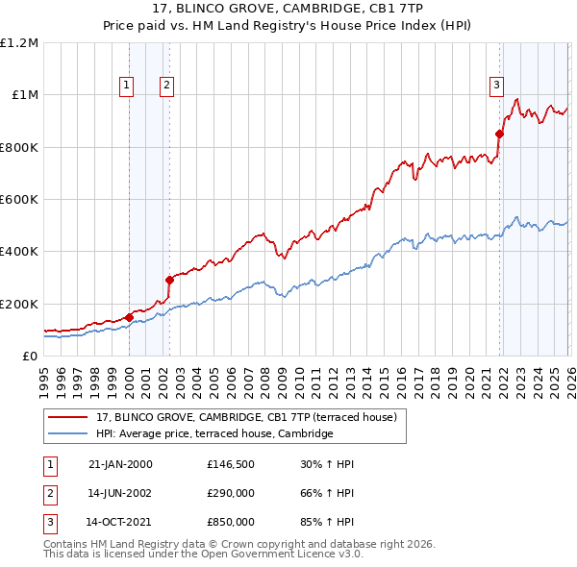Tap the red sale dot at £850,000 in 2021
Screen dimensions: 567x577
click(x=500, y=135)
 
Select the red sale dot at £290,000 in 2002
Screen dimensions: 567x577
click(x=169, y=281)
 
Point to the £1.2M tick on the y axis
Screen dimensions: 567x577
click(x=19, y=43)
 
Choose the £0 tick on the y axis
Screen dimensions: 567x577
click(x=29, y=356)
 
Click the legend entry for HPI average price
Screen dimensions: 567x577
click(x=214, y=434)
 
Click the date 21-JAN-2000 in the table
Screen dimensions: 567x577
click(x=120, y=464)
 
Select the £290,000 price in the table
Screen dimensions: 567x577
click(x=231, y=494)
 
